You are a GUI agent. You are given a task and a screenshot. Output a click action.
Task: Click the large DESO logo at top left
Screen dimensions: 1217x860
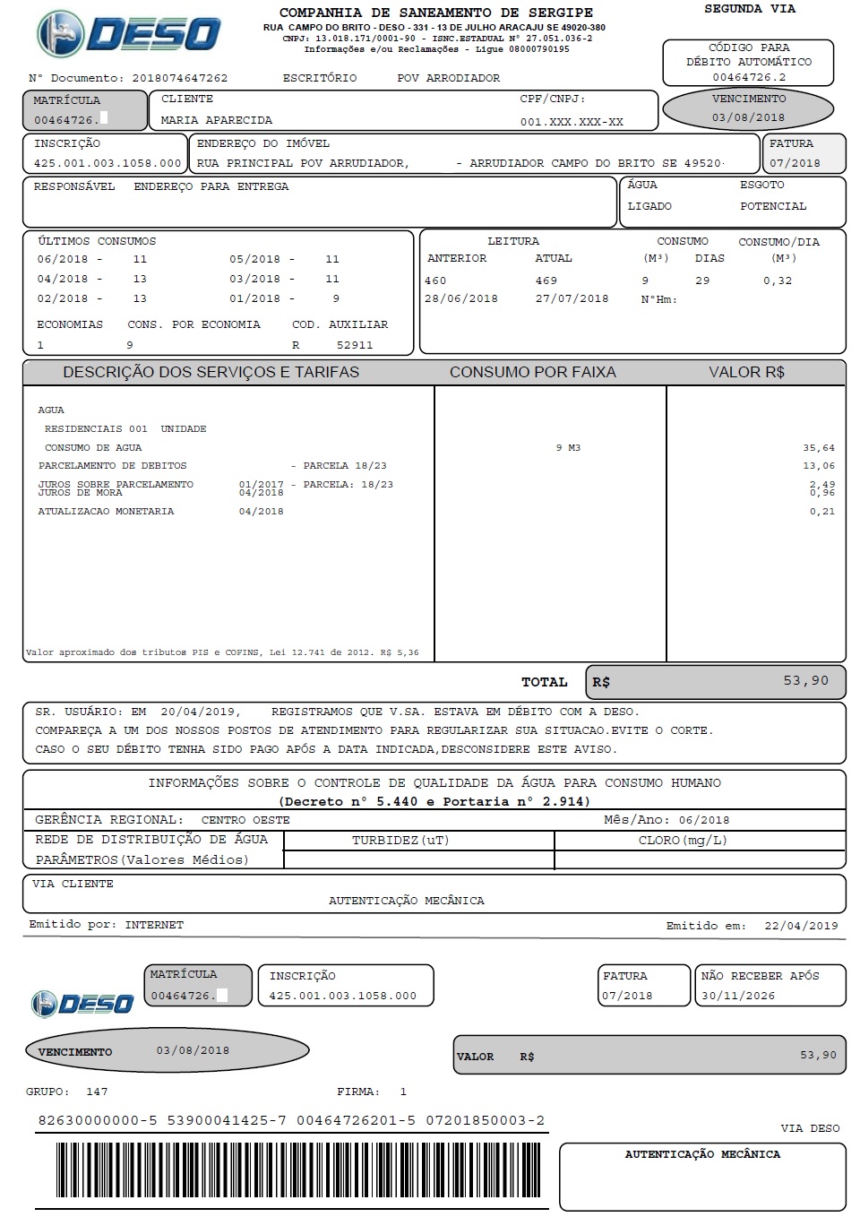pos(128,34)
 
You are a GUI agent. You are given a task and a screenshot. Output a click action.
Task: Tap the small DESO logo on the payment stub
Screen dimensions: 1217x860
pos(82,1003)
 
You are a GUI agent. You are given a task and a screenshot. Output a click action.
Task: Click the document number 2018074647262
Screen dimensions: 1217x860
pos(179,78)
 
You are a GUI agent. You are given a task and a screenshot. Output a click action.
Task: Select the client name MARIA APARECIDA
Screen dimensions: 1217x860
pos(216,120)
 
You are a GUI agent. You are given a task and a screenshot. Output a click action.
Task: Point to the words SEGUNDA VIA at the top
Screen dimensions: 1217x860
pos(749,9)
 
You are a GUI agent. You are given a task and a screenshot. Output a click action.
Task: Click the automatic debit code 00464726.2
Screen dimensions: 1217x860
pos(749,77)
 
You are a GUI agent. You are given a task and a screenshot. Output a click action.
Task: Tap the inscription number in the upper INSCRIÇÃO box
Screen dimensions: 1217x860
pos(107,163)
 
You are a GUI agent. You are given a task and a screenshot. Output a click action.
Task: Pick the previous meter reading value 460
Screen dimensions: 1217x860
pos(435,281)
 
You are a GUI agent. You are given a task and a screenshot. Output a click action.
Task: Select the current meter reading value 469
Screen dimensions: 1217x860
pos(546,281)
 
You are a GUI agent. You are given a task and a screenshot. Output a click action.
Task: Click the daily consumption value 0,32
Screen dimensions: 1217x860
pos(778,281)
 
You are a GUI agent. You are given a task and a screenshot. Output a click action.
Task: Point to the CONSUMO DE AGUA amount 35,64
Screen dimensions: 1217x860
pos(819,447)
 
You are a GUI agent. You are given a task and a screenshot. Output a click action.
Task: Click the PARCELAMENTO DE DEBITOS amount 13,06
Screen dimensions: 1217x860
pos(819,465)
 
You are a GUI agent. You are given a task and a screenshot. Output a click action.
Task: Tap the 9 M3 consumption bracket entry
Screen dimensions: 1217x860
pos(568,447)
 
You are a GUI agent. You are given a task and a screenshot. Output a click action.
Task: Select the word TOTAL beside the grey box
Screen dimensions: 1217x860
pos(545,682)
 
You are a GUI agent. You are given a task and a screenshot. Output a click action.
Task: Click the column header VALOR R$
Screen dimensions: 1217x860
pos(746,372)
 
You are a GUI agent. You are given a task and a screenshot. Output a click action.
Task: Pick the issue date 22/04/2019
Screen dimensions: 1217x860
pos(801,926)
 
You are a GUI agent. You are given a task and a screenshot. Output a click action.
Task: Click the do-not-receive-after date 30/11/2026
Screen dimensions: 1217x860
pos(738,996)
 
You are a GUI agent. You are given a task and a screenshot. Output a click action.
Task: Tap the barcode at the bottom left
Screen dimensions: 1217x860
pos(288,1176)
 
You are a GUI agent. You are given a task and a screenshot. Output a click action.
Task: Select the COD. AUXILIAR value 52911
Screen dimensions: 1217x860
pos(355,345)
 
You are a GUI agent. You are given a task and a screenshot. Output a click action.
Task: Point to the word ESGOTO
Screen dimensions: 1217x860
pos(761,185)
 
